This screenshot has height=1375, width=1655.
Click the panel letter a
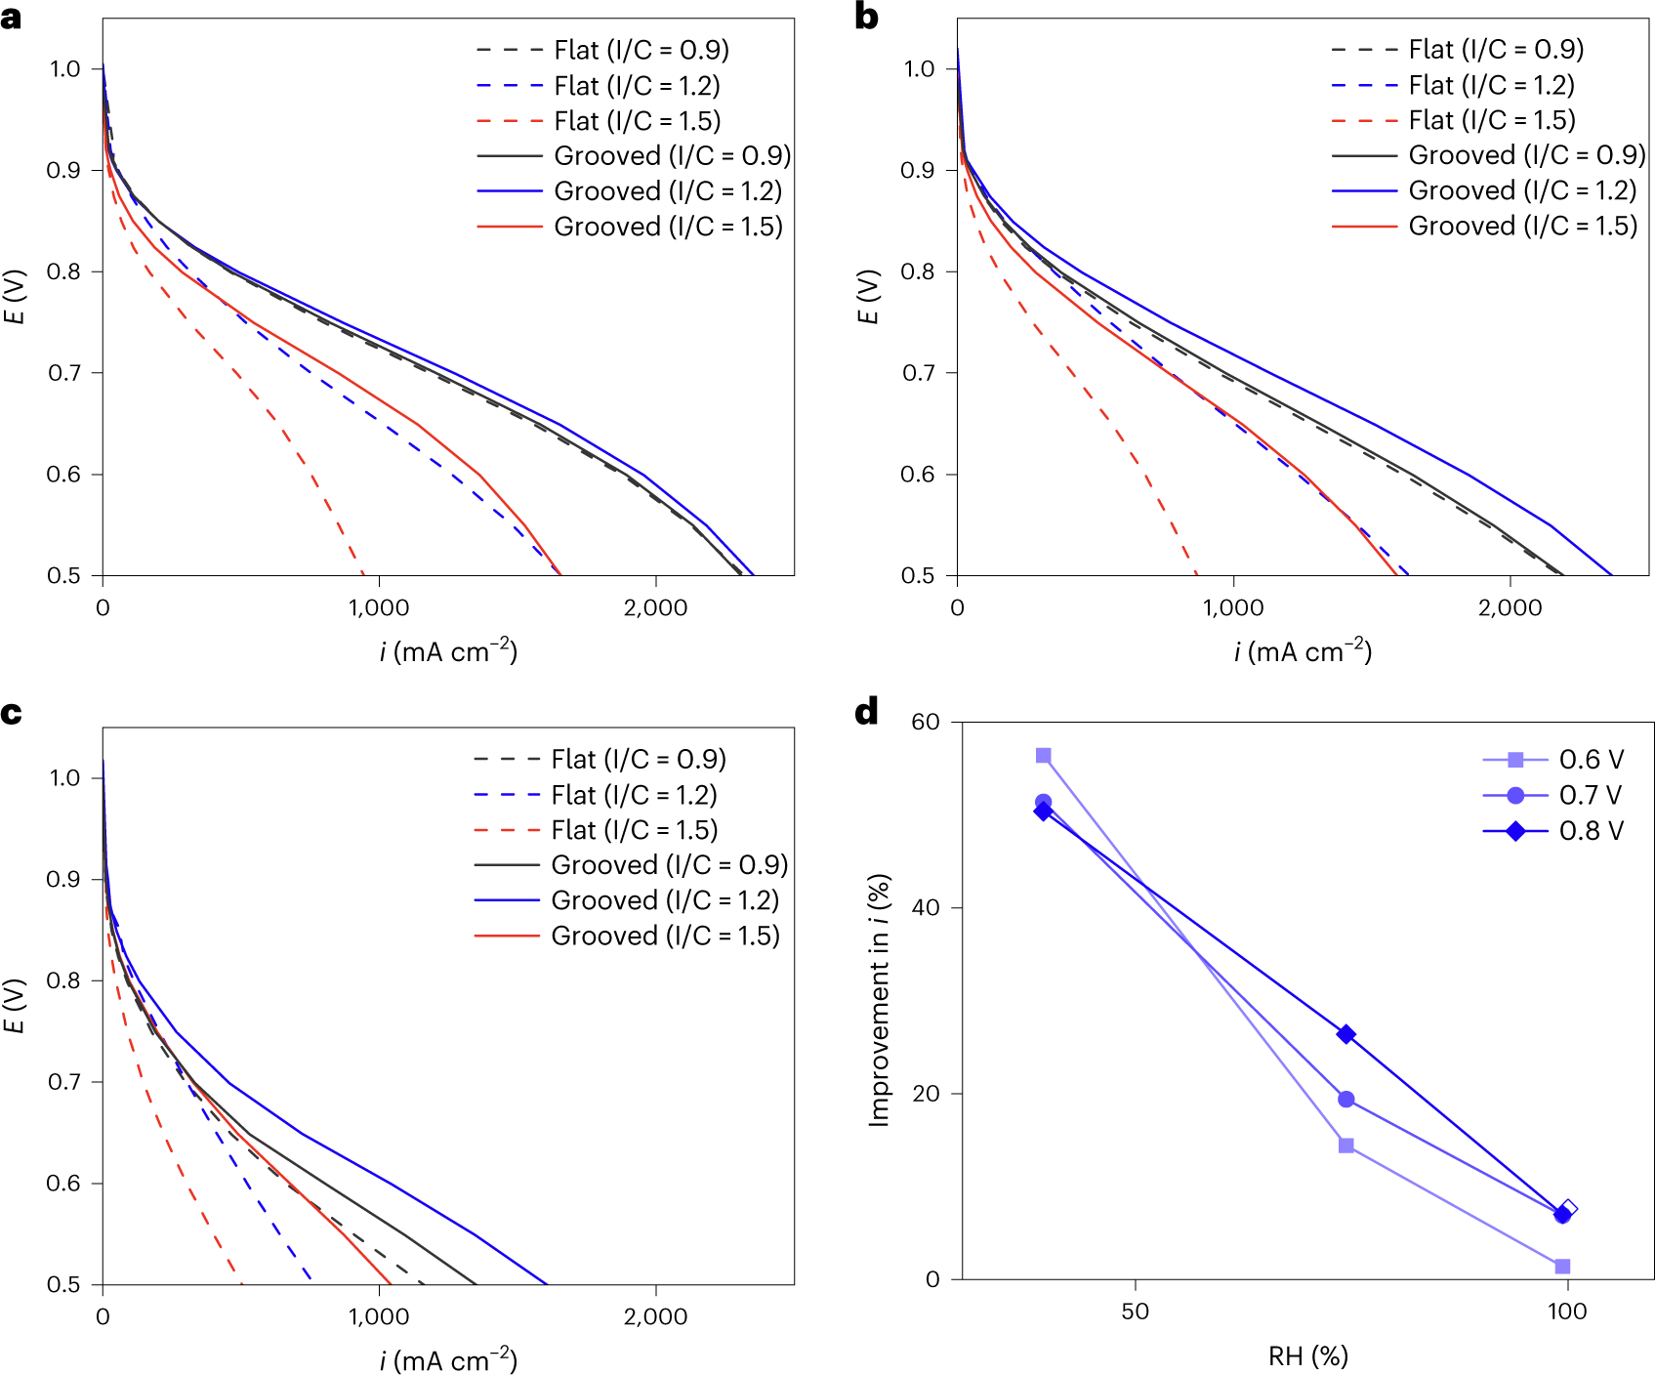pyautogui.click(x=12, y=17)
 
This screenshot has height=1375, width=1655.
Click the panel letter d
pyautogui.click(x=866, y=712)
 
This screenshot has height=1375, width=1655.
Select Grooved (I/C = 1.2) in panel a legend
pyautogui.click(x=668, y=191)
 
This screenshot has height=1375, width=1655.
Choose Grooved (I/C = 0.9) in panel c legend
pyautogui.click(x=669, y=865)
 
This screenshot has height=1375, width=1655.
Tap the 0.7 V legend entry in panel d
pyautogui.click(x=1590, y=796)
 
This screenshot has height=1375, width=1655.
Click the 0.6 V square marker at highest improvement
pyautogui.click(x=1043, y=756)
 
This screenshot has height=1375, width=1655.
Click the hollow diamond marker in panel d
pyautogui.click(x=1568, y=1209)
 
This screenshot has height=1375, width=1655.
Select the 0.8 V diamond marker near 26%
pyautogui.click(x=1346, y=1034)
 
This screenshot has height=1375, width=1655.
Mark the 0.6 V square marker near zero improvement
pyautogui.click(x=1562, y=1267)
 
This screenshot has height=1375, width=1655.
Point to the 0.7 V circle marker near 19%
pyautogui.click(x=1346, y=1100)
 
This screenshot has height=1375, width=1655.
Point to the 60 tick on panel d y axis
pyautogui.click(x=925, y=723)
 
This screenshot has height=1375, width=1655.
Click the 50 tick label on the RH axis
pyautogui.click(x=1135, y=1312)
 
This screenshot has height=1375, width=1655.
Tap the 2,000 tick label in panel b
pyautogui.click(x=1510, y=608)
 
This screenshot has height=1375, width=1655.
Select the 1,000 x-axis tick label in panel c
pyautogui.click(x=379, y=1317)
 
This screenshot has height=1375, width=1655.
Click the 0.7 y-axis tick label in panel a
pyautogui.click(x=64, y=373)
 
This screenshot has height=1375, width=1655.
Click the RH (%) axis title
pyautogui.click(x=1307, y=1356)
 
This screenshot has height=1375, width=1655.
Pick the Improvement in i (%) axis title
pyautogui.click(x=879, y=1000)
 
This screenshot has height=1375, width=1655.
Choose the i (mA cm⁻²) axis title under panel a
pyautogui.click(x=448, y=651)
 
